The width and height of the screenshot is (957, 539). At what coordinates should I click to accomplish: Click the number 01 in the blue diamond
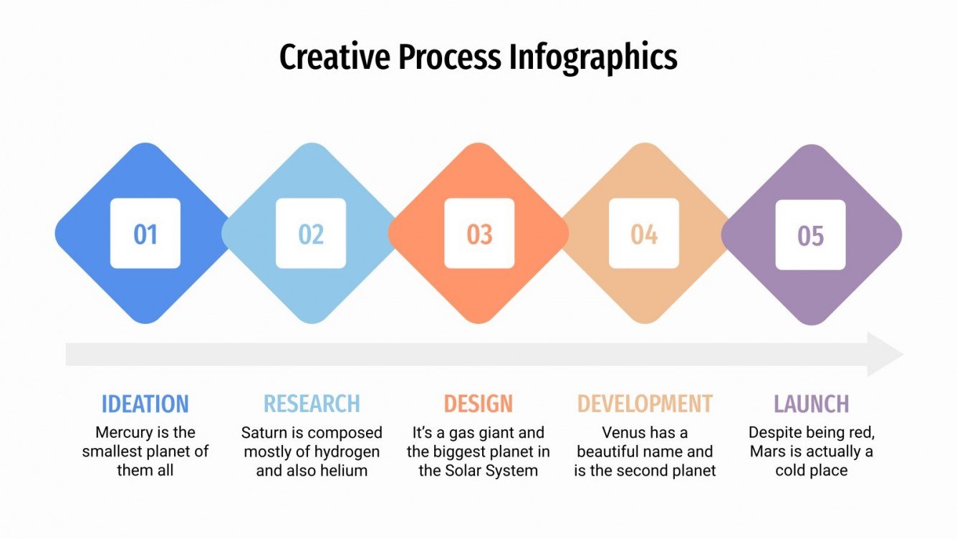point(145,234)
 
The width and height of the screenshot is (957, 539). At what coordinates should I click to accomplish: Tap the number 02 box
point(311,234)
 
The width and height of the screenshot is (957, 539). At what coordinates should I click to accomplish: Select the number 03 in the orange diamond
point(479,234)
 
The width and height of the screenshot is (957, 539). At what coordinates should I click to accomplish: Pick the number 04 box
point(644,234)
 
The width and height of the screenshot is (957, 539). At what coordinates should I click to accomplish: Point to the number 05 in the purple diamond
point(811,236)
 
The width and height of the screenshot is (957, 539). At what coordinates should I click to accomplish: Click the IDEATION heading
point(145,404)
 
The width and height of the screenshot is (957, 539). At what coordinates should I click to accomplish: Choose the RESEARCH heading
point(312,404)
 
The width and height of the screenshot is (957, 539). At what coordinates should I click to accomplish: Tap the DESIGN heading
point(478,404)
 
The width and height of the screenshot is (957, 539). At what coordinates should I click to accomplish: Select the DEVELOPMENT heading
point(645,404)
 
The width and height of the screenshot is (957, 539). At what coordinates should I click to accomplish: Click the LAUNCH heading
point(811,404)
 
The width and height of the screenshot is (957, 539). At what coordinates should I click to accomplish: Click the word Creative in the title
point(335,57)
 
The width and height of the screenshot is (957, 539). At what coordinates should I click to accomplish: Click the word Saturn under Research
point(264,433)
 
